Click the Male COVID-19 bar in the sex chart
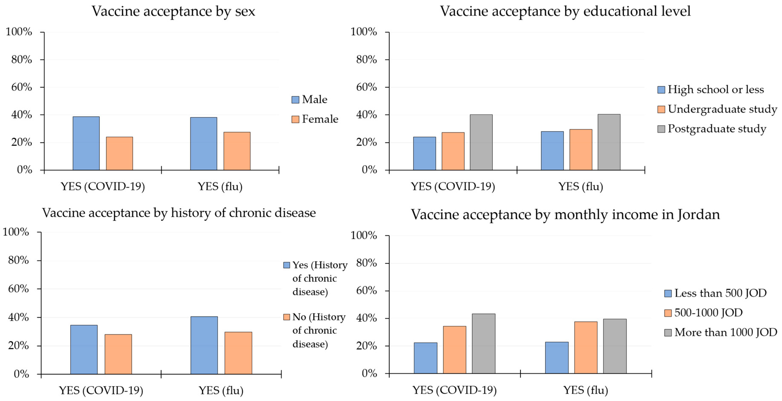(x=86, y=143)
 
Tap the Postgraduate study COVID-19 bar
(x=481, y=142)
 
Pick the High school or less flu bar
(x=552, y=150)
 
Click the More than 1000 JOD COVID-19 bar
(x=484, y=343)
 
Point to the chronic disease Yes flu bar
(x=204, y=345)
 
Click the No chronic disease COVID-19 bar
(x=118, y=354)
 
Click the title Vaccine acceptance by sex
(x=173, y=11)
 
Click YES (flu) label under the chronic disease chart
(x=221, y=390)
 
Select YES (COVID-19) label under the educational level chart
(x=453, y=186)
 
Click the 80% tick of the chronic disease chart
(x=19, y=260)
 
